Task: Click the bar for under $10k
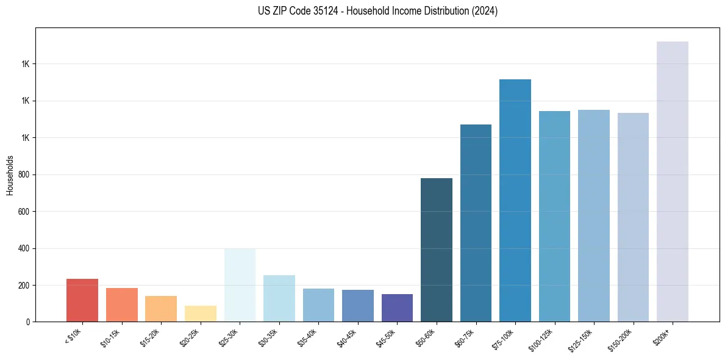click(x=82, y=300)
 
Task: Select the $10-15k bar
click(x=121, y=304)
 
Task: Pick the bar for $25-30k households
click(x=240, y=285)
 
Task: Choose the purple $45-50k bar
click(x=397, y=308)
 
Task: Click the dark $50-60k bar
click(x=437, y=250)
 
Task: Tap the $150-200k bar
click(x=633, y=217)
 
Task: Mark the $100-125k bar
click(x=554, y=216)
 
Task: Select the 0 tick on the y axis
click(x=28, y=322)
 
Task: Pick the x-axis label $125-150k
click(x=582, y=338)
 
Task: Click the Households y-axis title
click(x=10, y=175)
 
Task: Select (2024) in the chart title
click(x=485, y=11)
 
